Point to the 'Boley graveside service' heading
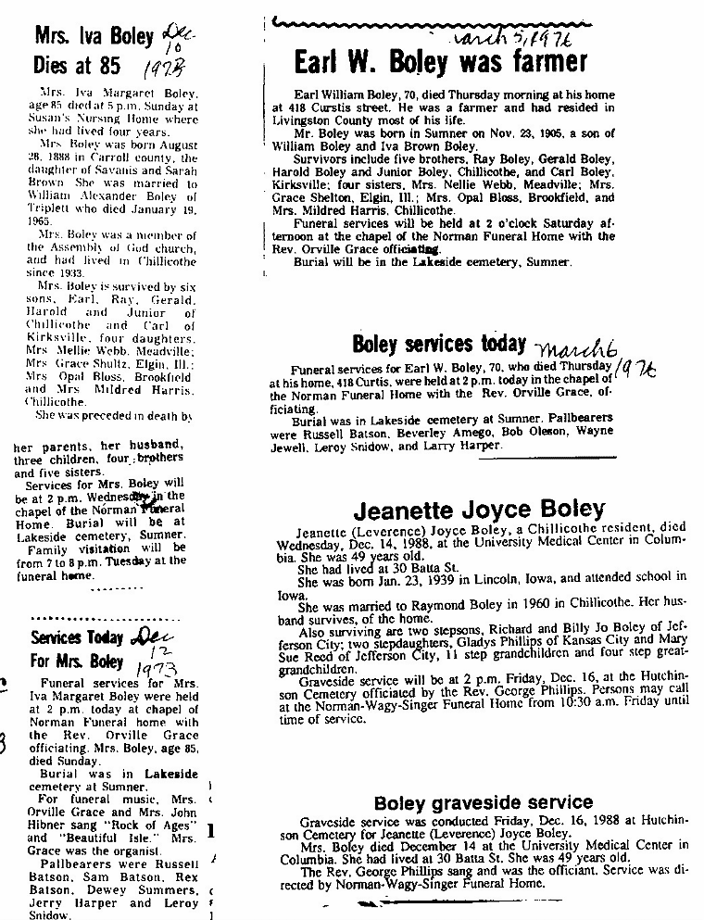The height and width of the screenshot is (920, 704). tap(483, 802)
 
